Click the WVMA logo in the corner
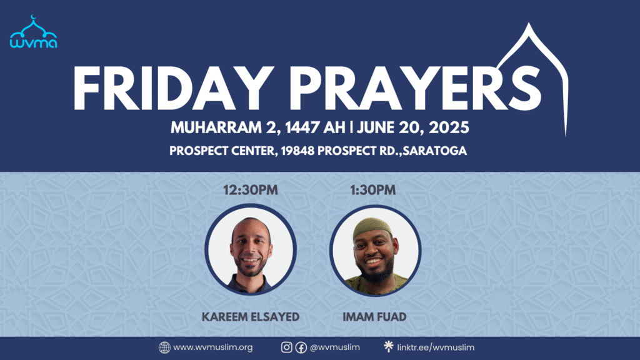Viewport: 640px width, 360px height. tap(34, 32)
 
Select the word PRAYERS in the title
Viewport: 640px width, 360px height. tap(416, 88)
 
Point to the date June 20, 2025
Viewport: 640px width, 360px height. tap(412, 127)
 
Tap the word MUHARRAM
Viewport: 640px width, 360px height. tap(216, 127)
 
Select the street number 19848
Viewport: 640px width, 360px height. tap(297, 151)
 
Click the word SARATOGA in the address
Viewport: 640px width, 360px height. tap(435, 151)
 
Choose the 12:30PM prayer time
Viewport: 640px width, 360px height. tap(251, 190)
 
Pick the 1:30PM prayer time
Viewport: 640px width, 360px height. tap(372, 190)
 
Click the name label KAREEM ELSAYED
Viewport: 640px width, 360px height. tap(251, 317)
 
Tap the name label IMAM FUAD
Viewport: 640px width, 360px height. tap(374, 317)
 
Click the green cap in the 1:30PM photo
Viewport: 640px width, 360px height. tap(372, 227)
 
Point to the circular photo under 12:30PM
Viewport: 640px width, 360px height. tap(251, 249)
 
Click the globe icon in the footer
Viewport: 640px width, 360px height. tap(164, 347)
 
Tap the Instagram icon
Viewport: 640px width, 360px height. tap(286, 347)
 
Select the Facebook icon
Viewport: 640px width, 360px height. tap(301, 347)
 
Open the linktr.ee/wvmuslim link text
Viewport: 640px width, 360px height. tap(436, 347)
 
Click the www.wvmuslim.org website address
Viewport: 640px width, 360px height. tap(212, 347)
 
